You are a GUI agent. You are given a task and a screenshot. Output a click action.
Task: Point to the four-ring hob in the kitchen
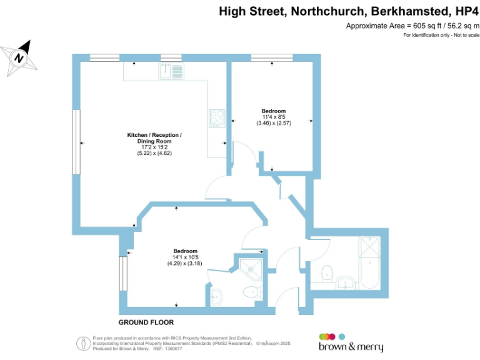pos(217,117)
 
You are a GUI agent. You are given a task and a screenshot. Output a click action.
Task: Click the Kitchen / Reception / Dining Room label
pos(154,138)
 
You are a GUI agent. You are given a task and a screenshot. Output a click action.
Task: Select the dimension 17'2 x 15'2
pos(154,147)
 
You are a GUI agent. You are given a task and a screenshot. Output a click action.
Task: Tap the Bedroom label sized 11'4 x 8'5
pos(274,111)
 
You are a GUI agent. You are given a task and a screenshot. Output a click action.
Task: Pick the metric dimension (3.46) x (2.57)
pos(274,123)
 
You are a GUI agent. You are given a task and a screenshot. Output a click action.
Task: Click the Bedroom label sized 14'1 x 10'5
pos(185,251)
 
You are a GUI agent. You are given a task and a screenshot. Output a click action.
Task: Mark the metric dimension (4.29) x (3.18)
pos(185,263)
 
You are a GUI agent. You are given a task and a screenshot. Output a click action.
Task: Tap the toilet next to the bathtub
pos(326,273)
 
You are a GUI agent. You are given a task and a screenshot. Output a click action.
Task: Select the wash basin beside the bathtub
pos(346,282)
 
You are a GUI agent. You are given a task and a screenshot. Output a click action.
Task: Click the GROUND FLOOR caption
pos(146,322)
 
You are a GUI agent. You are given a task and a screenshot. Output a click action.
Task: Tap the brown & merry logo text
pos(351,347)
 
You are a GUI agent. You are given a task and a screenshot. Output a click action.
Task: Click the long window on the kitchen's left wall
pos(76,142)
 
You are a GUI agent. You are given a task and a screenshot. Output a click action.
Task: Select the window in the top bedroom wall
pos(272,58)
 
